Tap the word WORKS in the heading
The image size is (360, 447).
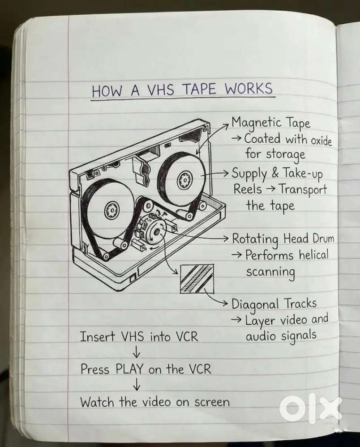(x=249, y=89)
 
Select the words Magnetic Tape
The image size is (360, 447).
(x=270, y=123)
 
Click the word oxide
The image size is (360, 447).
(x=321, y=141)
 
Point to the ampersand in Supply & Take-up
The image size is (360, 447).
(x=275, y=173)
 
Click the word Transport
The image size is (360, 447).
(x=303, y=189)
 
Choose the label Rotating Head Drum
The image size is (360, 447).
(x=283, y=238)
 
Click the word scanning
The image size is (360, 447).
(x=270, y=272)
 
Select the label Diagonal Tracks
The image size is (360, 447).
(x=274, y=304)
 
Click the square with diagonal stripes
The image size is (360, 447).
(x=197, y=278)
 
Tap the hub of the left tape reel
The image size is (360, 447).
(x=111, y=210)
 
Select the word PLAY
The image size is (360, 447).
(x=129, y=370)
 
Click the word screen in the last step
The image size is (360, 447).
(x=212, y=402)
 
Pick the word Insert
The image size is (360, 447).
(x=97, y=336)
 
